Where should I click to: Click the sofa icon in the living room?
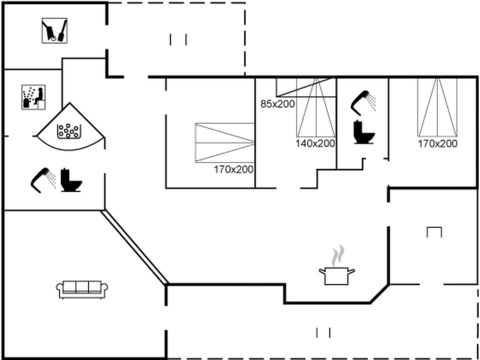point(82,289)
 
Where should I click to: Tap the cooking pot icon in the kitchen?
point(336,275)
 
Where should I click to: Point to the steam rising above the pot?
point(338,254)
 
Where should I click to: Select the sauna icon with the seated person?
point(33,96)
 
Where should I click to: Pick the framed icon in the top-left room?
point(54,30)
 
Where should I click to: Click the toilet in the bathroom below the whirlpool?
point(71,180)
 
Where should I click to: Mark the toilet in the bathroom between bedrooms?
point(362,132)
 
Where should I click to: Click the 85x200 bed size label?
point(277,104)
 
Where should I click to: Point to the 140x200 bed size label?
point(315,143)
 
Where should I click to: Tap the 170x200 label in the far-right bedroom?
point(437,143)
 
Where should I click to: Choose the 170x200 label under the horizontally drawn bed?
point(233,169)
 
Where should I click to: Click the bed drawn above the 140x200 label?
point(315,107)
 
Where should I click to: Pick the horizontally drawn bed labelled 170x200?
point(224,142)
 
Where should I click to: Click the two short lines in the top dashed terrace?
point(178,39)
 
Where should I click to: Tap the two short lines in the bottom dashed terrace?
point(323,332)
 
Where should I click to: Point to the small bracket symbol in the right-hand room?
point(434,232)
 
